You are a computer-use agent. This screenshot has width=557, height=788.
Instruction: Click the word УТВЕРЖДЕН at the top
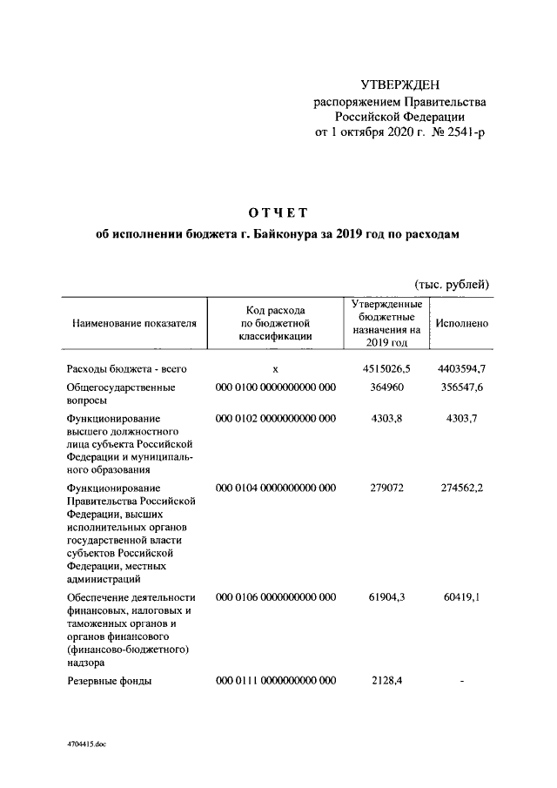[400, 85]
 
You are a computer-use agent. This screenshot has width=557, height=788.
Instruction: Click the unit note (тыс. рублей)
[450, 285]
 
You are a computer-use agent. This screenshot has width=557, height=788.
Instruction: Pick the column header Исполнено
[462, 323]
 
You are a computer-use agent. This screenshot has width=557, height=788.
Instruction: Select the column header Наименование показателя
[134, 323]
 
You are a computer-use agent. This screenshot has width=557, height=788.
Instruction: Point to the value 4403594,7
[461, 370]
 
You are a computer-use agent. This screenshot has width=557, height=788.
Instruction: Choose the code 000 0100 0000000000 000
[275, 387]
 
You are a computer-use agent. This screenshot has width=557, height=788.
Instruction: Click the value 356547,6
[461, 387]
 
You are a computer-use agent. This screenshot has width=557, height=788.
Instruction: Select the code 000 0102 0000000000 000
[275, 419]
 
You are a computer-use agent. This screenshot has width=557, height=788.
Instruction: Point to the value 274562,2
[461, 488]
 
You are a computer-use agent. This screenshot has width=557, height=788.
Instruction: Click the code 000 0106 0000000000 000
[275, 596]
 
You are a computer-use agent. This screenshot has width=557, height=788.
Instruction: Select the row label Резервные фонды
[110, 682]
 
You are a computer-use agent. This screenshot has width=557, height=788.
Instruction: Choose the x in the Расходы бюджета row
[275, 370]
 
